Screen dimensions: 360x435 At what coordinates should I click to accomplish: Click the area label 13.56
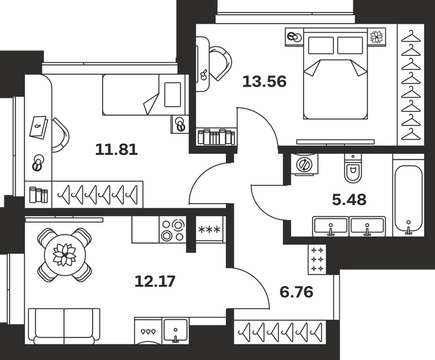(264, 82)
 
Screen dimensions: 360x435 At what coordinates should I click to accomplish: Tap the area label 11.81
(116, 150)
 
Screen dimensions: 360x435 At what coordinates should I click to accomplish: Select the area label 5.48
(350, 199)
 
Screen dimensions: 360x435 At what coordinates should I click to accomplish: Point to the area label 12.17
(155, 280)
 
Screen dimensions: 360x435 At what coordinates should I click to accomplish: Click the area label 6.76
(296, 293)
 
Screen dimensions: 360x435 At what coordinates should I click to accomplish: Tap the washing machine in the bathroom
(302, 165)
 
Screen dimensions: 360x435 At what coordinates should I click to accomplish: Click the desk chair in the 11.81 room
(60, 136)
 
